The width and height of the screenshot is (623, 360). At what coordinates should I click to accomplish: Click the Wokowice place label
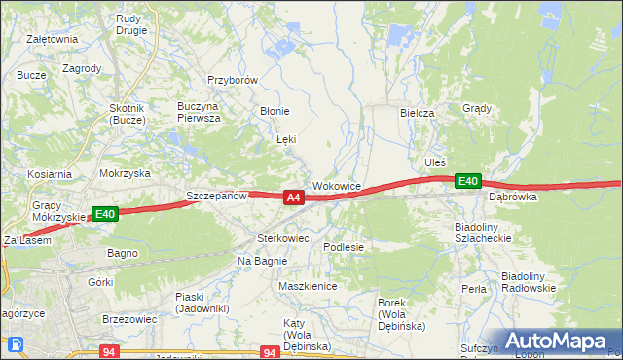337,185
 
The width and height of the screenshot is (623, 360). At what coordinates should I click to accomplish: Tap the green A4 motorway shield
293,198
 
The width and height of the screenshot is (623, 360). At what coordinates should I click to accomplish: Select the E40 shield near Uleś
468,181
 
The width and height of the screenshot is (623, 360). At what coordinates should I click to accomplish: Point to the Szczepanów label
217,196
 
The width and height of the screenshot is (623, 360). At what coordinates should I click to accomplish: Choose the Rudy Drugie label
130,23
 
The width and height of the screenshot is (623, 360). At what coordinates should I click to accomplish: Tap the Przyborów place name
232,81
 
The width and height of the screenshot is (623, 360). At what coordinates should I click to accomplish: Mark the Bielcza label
417,113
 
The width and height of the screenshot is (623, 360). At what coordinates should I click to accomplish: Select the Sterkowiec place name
282,237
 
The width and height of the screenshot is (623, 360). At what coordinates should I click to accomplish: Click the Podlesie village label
344,247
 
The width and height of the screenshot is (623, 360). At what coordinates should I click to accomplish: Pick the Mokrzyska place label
125,173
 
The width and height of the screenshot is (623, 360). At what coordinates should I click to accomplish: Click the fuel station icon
17,343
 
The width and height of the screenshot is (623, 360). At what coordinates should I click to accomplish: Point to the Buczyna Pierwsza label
199,111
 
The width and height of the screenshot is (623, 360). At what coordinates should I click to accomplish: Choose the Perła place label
474,289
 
